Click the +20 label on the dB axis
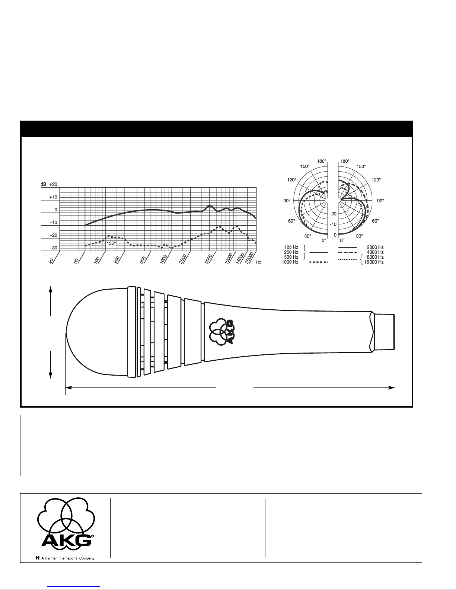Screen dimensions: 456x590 pos(53,184)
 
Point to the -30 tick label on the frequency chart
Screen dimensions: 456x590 pos(54,248)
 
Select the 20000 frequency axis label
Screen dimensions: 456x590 pos(249,258)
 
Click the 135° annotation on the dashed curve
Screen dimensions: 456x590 pos(111,243)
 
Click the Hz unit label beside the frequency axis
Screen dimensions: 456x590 pos(258,262)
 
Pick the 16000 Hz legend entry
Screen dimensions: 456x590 pos(374,262)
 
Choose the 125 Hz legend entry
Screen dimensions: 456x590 pos(291,247)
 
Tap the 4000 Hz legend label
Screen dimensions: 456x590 pos(375,252)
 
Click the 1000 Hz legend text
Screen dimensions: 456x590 pos(290,262)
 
